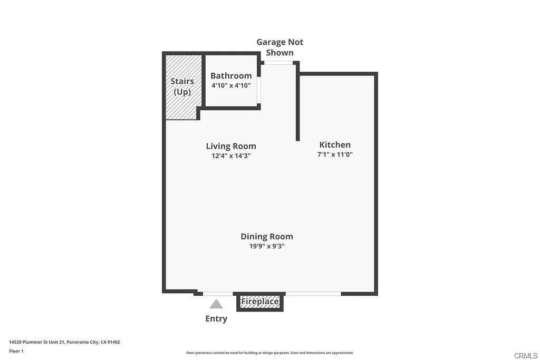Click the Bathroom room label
(x=231, y=76)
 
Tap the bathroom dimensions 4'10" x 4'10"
(x=231, y=85)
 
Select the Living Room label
(x=231, y=147)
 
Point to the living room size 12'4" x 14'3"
(x=231, y=155)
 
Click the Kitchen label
(x=335, y=144)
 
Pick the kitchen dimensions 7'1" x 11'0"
(x=335, y=154)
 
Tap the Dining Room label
(x=267, y=237)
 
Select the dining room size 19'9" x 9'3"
(x=267, y=246)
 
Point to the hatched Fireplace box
(x=260, y=302)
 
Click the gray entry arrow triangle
(x=216, y=304)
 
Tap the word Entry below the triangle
(x=216, y=319)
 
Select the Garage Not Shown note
(x=279, y=47)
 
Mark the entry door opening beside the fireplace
(x=218, y=294)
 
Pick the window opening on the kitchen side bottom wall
(x=313, y=294)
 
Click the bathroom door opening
(x=259, y=90)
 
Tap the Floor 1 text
(x=16, y=351)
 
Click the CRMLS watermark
(x=526, y=356)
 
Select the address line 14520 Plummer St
(x=64, y=342)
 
